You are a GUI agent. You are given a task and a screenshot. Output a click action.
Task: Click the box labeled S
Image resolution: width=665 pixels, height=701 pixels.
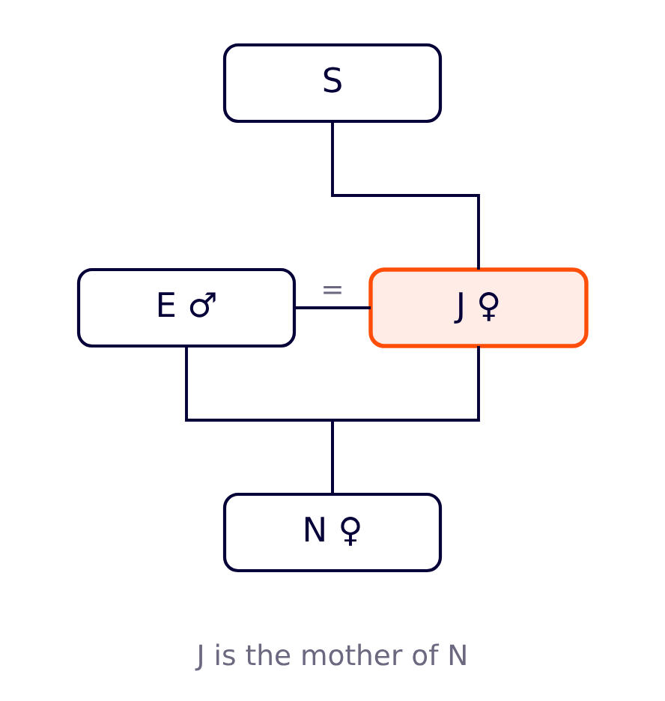click(332, 82)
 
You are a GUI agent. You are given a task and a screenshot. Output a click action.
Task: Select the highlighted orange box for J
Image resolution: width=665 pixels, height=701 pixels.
click(479, 308)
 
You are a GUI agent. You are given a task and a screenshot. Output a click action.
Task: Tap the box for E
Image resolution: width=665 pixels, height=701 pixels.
click(186, 308)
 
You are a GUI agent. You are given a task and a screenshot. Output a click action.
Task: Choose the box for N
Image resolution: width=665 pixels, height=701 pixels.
click(332, 532)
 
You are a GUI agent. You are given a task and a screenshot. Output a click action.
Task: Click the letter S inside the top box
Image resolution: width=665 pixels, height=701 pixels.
click(332, 80)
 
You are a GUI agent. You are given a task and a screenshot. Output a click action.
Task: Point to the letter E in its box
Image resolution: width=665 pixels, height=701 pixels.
click(166, 306)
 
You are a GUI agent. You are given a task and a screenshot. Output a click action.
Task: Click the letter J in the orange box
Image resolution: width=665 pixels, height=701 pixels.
click(459, 308)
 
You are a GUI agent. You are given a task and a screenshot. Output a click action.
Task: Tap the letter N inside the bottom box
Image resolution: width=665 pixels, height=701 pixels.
click(315, 529)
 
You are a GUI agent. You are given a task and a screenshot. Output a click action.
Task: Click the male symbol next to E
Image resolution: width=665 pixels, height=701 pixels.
click(203, 306)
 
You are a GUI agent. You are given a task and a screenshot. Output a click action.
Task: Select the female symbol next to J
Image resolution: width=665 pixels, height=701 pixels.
click(489, 307)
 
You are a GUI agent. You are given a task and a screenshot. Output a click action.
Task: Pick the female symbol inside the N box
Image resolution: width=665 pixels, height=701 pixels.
click(350, 531)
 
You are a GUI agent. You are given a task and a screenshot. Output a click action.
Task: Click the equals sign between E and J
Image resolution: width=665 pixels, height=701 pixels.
click(332, 290)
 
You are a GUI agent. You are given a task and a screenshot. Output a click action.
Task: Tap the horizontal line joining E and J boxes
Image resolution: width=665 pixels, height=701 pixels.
click(332, 308)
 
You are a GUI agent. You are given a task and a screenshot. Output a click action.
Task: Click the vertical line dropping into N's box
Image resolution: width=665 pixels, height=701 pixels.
click(332, 457)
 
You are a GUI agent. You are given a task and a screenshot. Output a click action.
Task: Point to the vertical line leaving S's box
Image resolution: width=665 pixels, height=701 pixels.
click(332, 158)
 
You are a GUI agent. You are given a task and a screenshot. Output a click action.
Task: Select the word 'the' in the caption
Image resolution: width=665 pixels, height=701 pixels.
click(267, 655)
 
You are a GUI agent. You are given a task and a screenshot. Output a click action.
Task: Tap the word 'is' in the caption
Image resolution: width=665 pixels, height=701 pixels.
click(225, 655)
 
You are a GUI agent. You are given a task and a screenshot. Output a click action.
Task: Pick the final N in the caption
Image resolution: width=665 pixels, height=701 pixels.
click(458, 656)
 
